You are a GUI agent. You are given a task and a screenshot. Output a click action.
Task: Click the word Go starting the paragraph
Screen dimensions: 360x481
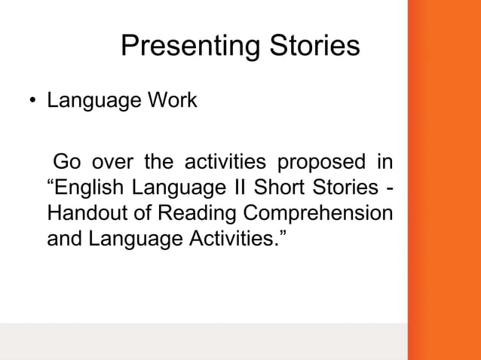pyautogui.click(x=66, y=162)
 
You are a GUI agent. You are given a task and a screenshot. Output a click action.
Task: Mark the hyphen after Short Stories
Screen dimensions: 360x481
pyautogui.click(x=388, y=188)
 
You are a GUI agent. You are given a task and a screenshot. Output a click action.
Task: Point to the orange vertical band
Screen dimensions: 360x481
pyautogui.click(x=444, y=180)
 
